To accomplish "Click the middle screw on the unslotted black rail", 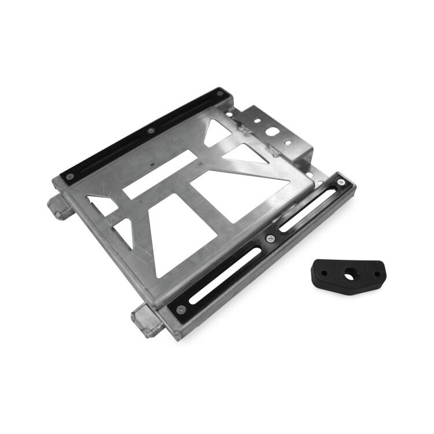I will (151, 131).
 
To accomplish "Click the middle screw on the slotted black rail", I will (270, 238).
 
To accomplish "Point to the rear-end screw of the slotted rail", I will (343, 184).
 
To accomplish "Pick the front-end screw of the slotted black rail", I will (181, 308).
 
